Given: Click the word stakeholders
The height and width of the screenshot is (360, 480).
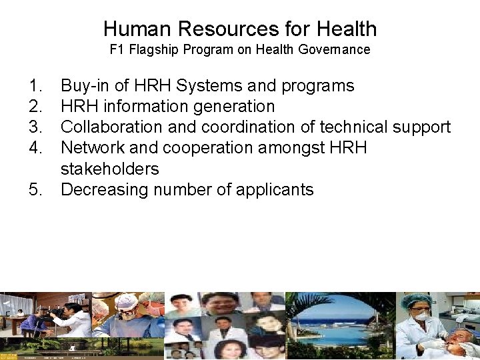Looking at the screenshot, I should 110,169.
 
